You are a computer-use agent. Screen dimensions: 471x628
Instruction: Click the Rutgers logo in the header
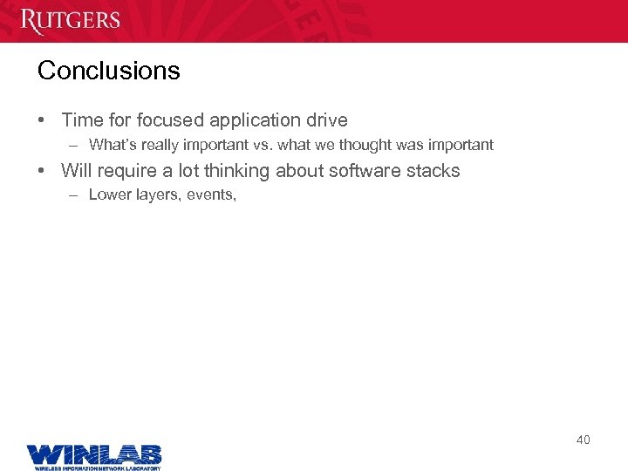click(x=70, y=19)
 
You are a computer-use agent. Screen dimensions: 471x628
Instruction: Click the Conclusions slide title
click(x=108, y=71)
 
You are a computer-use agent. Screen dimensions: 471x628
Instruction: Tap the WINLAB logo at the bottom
click(x=93, y=456)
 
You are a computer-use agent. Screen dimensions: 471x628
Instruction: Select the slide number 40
click(x=583, y=440)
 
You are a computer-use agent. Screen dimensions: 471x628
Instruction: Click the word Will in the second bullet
click(x=76, y=171)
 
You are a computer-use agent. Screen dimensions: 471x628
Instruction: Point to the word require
click(x=126, y=171)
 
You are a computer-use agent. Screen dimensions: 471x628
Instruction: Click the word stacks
click(x=433, y=171)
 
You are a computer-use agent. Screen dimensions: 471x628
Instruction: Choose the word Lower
click(x=109, y=195)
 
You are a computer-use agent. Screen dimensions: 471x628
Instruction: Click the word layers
click(x=154, y=195)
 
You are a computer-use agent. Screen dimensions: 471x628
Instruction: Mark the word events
click(x=210, y=195)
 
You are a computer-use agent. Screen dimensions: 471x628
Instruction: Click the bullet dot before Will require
click(x=42, y=171)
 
